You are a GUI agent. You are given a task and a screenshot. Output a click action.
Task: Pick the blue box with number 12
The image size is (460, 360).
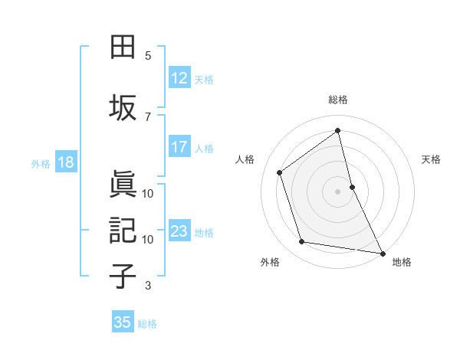click(179, 78)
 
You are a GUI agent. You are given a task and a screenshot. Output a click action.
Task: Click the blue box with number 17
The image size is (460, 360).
click(179, 147)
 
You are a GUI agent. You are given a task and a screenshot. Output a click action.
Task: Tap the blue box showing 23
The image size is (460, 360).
click(179, 231)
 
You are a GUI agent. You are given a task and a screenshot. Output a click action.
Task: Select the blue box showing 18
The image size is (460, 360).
click(65, 162)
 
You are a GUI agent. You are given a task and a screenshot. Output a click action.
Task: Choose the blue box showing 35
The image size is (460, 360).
click(123, 322)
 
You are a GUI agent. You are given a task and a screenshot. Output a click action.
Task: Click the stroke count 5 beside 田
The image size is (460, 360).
click(148, 56)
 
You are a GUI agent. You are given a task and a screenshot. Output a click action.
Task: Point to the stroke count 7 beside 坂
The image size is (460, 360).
click(148, 116)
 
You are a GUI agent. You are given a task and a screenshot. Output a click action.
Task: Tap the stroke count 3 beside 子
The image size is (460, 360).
click(148, 286)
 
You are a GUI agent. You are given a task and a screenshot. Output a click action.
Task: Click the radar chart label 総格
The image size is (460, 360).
click(338, 100)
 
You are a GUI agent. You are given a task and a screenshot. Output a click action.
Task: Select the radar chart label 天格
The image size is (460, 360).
click(431, 159)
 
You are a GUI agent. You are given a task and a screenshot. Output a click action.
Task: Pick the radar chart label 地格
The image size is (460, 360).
click(402, 262)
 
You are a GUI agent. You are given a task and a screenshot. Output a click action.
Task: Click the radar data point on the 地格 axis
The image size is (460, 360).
click(382, 253)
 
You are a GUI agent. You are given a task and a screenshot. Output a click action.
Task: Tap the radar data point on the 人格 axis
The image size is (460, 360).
click(279, 172)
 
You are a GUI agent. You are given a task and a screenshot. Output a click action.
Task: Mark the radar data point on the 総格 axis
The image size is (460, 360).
click(338, 131)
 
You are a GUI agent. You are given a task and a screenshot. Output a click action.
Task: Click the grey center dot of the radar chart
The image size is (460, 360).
click(338, 191)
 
